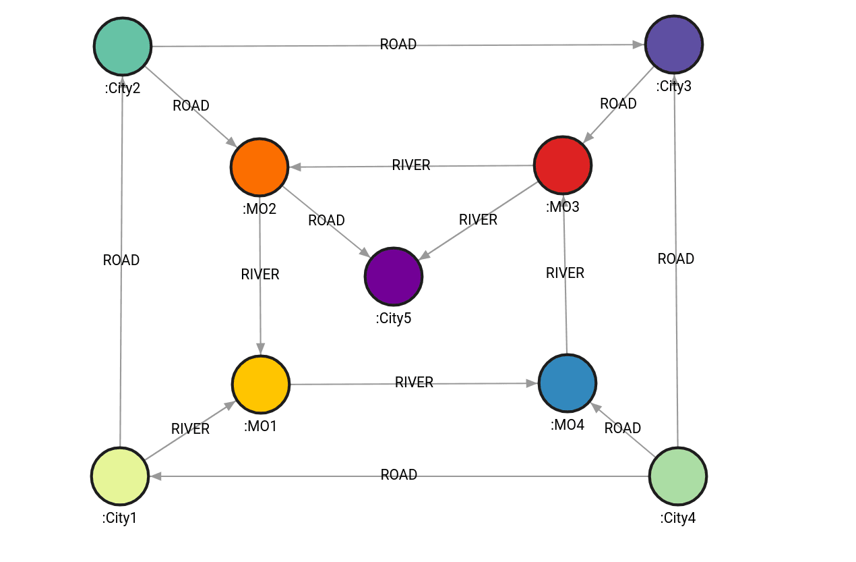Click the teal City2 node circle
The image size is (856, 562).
click(123, 46)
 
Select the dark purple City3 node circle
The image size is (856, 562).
click(674, 44)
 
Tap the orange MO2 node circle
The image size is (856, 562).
click(259, 167)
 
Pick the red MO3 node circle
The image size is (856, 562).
click(563, 165)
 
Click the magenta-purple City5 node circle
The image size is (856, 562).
click(394, 277)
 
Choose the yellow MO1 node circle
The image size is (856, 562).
click(261, 384)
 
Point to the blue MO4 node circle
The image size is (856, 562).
click(568, 383)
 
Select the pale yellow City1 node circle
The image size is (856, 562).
click(120, 476)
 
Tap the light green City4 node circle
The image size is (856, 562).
click(678, 476)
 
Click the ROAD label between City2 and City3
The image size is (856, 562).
click(398, 45)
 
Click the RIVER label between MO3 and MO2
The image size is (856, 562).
click(411, 165)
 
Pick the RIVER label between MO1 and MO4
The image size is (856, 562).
click(414, 383)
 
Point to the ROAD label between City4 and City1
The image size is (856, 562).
click(399, 475)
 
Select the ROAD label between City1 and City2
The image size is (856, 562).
click(121, 260)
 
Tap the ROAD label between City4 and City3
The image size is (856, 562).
click(676, 259)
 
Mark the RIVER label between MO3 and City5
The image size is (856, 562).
click(478, 220)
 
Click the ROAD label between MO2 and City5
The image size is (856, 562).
click(326, 221)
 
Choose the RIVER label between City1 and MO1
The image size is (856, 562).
click(190, 429)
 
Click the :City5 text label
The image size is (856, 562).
click(394, 318)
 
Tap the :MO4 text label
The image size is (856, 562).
click(568, 426)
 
